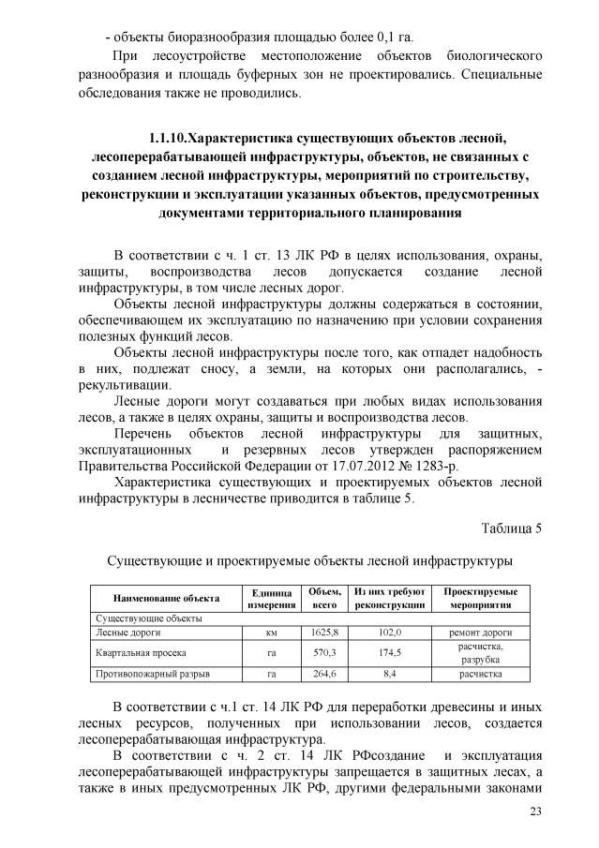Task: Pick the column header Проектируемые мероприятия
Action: [480, 599]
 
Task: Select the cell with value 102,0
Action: [390, 632]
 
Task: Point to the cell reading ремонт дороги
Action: [480, 632]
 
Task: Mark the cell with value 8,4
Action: [390, 673]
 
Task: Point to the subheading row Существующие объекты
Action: [136, 618]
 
